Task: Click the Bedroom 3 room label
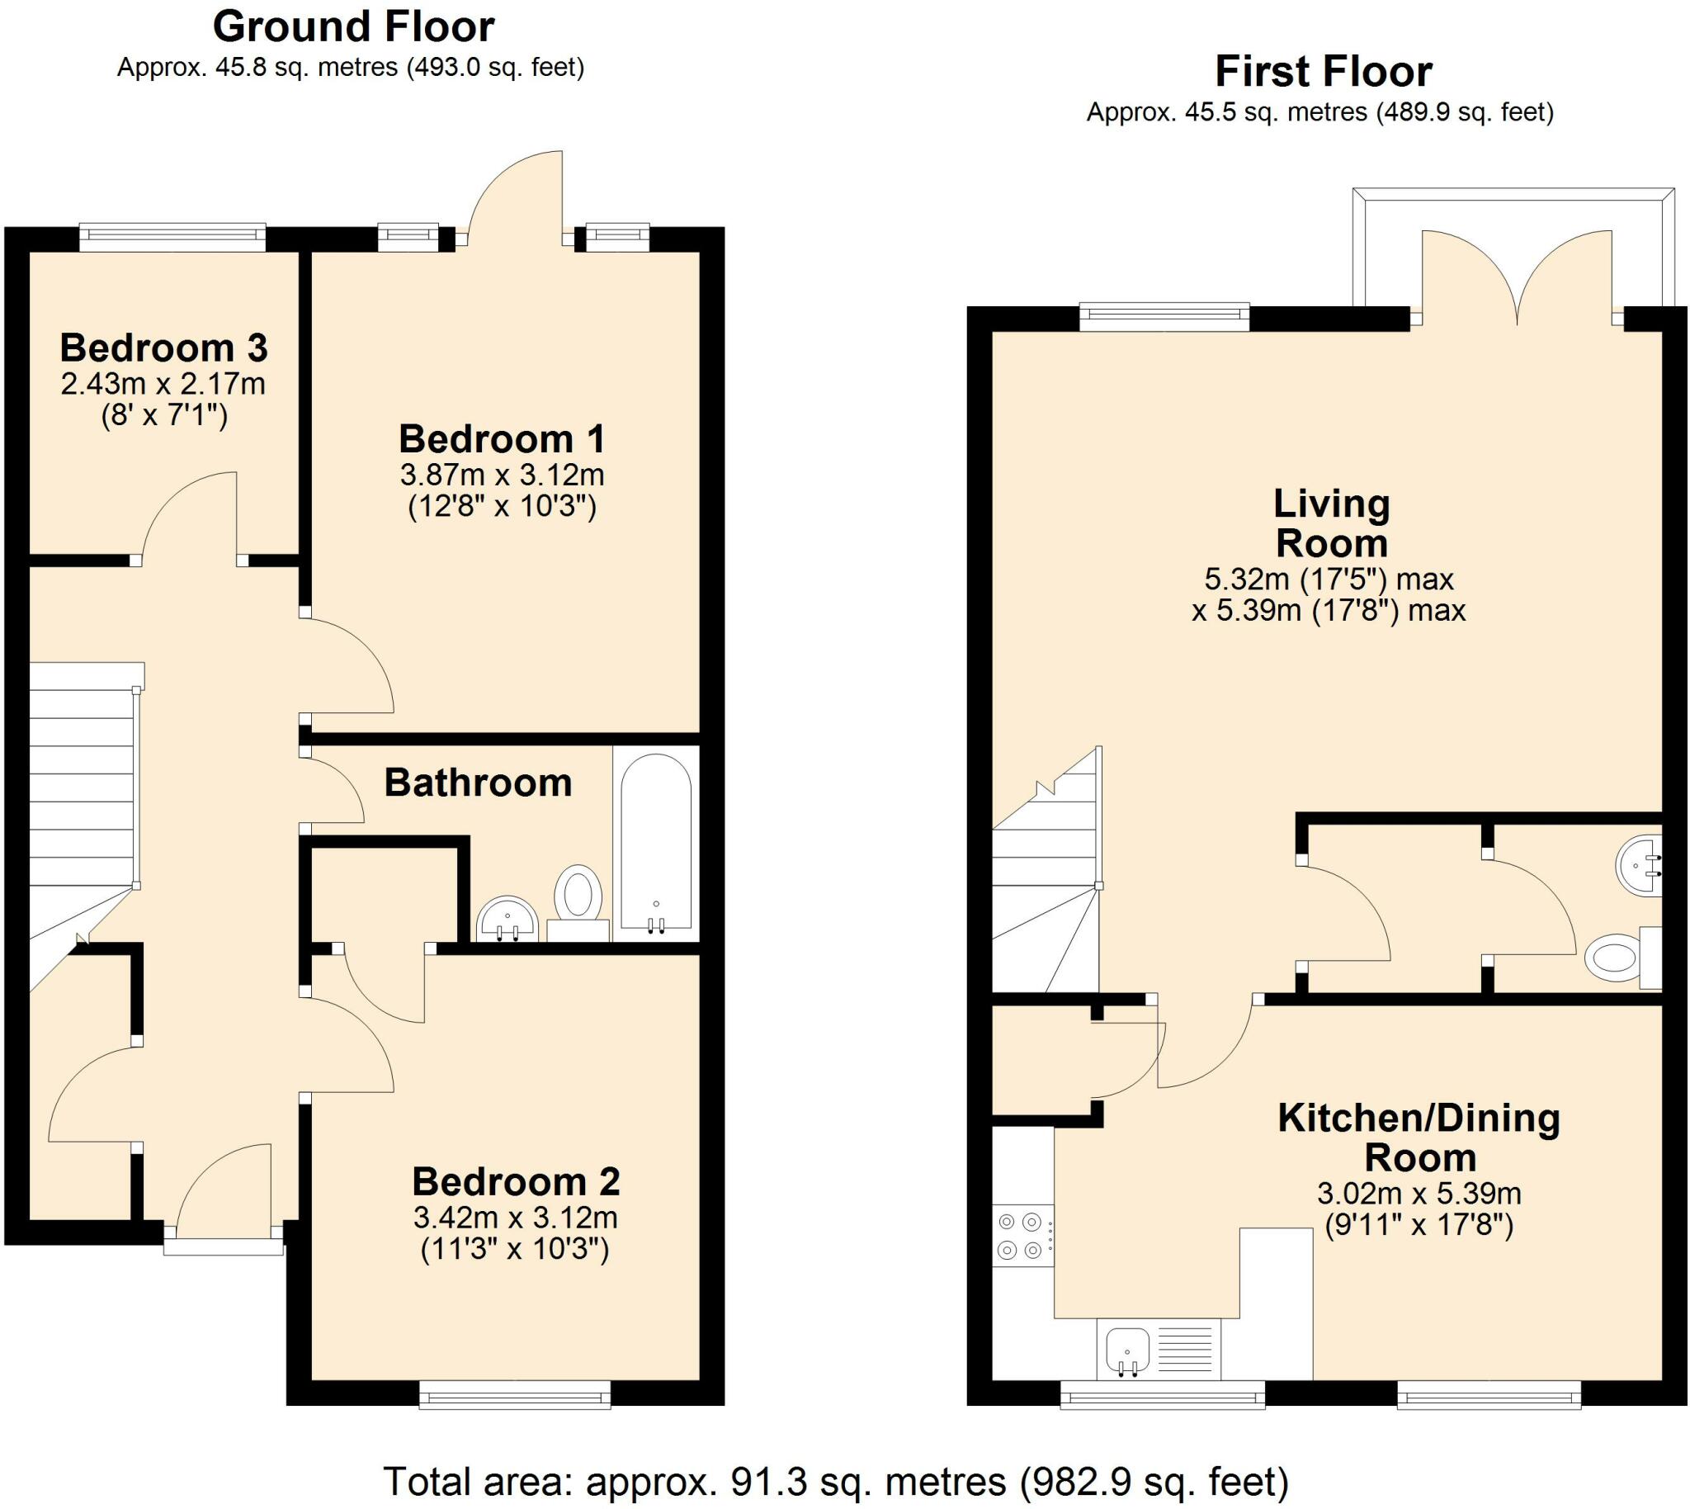coord(163,348)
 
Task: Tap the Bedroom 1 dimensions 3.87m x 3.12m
coord(503,475)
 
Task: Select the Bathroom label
coord(479,783)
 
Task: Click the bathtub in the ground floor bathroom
coord(655,843)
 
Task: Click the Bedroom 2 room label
coord(516,1181)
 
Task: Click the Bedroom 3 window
coord(172,237)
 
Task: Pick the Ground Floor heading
coord(354,26)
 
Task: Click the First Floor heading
coord(1324,71)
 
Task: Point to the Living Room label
coord(1331,523)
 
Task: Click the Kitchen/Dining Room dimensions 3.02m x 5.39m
coord(1419,1194)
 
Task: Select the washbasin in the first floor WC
coord(1639,867)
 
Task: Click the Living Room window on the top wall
coord(1164,317)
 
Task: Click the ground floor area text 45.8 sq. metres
coord(307,67)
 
